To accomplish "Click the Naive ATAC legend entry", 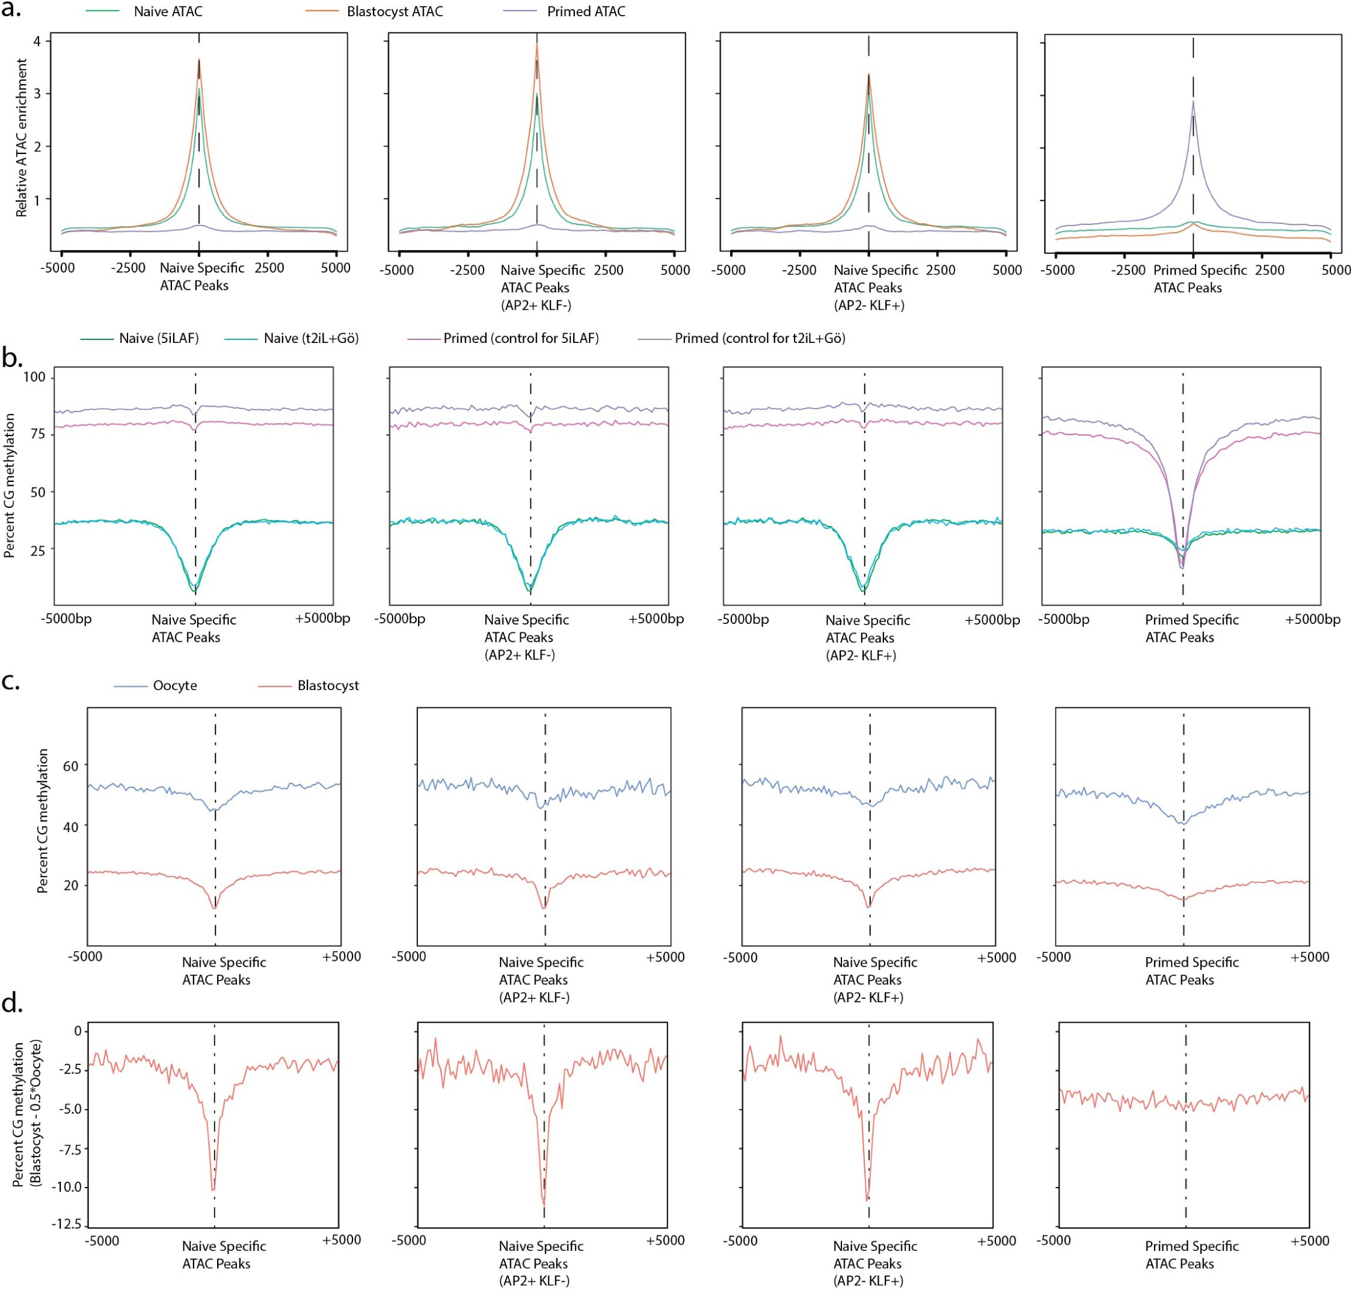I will click(167, 11).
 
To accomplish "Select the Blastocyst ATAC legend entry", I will click(395, 11).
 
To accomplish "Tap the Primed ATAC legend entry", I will click(586, 11).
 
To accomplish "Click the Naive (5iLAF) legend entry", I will click(158, 338).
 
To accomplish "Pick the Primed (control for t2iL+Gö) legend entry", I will click(759, 338).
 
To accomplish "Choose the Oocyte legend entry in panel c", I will click(174, 685).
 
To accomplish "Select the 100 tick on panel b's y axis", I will click(34, 376).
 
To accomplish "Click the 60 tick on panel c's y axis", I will click(70, 765).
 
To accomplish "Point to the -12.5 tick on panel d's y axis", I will click(66, 1224).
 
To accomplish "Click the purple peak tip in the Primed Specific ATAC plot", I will click(1193, 101).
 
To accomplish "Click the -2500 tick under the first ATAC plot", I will click(128, 268).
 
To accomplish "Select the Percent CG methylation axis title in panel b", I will click(10, 485).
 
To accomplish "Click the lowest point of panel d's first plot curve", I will click(213, 1190).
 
